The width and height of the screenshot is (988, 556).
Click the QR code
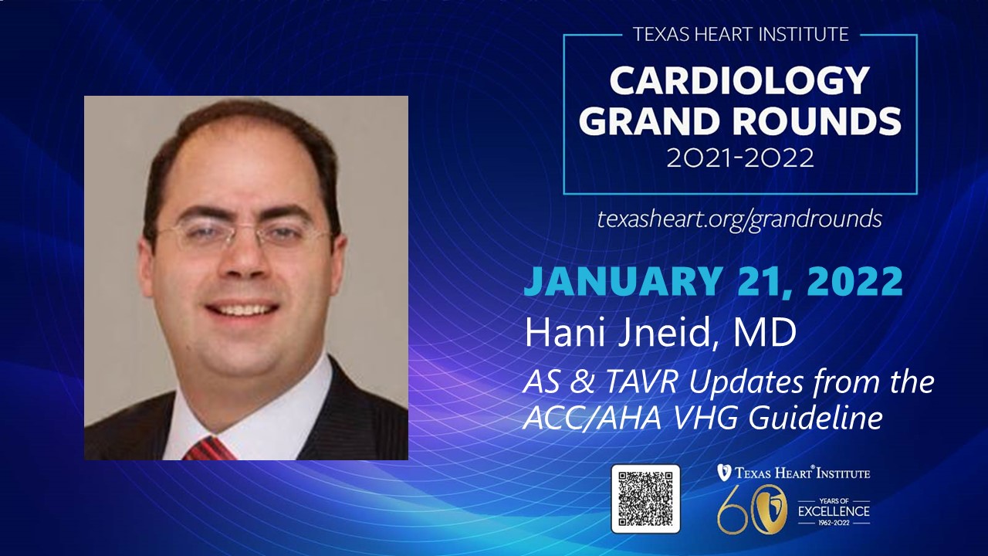coord(646,499)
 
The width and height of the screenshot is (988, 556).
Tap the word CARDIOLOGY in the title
coord(739,81)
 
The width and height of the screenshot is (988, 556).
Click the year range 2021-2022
coord(740,158)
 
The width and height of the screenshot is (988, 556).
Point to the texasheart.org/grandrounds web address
coord(739,219)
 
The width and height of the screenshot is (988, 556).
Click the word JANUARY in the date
coord(623,281)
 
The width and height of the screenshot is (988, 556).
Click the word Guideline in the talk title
coord(816,417)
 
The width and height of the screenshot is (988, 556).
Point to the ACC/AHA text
coord(592,417)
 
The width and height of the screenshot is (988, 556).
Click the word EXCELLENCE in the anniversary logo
coord(834,511)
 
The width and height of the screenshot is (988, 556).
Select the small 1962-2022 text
coord(834,523)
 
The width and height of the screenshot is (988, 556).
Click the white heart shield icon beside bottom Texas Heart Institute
coord(723,473)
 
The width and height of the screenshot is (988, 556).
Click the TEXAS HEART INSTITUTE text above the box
coord(740,35)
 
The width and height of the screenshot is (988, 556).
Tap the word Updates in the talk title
coord(746,383)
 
